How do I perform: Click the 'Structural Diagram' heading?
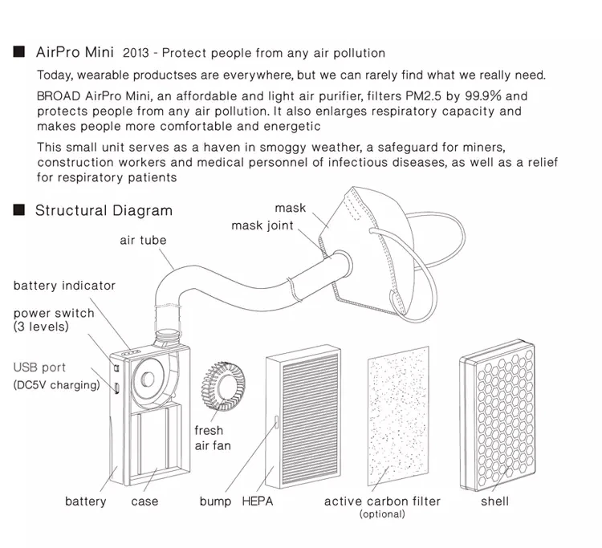(104, 211)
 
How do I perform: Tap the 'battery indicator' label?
(64, 286)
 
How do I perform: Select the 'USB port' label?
(39, 368)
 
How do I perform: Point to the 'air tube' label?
(143, 240)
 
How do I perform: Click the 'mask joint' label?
(262, 225)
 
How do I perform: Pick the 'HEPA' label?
(258, 501)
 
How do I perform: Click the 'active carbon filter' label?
(382, 501)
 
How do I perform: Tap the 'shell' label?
(494, 501)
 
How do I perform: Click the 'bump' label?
(215, 501)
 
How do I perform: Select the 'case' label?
(144, 501)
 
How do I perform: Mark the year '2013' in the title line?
(135, 54)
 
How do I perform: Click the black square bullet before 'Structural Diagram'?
(18, 211)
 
